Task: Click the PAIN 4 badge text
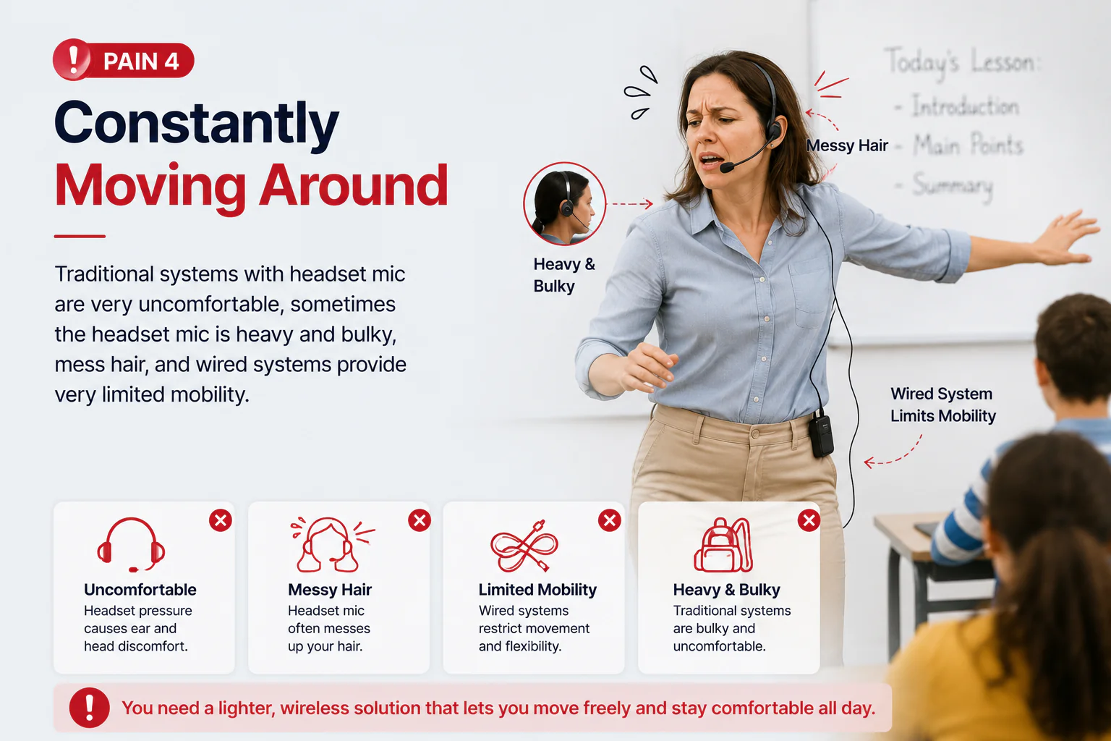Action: point(141,62)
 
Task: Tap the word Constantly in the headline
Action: point(197,124)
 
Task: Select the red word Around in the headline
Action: point(353,185)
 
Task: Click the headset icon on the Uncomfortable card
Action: point(131,544)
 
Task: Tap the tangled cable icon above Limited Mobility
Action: point(524,546)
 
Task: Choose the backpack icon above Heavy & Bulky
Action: point(723,544)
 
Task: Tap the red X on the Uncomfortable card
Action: point(221,520)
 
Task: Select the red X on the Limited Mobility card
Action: point(610,520)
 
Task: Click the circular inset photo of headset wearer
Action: point(564,203)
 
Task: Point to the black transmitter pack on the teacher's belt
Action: point(822,436)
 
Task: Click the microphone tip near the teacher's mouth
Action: point(727,167)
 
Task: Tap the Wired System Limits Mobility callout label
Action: point(943,405)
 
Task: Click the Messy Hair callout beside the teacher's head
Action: point(847,145)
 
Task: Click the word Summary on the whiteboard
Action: point(953,186)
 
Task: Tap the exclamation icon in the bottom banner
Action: point(89,708)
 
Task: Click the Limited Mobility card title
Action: point(537,590)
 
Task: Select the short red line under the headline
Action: point(80,236)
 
